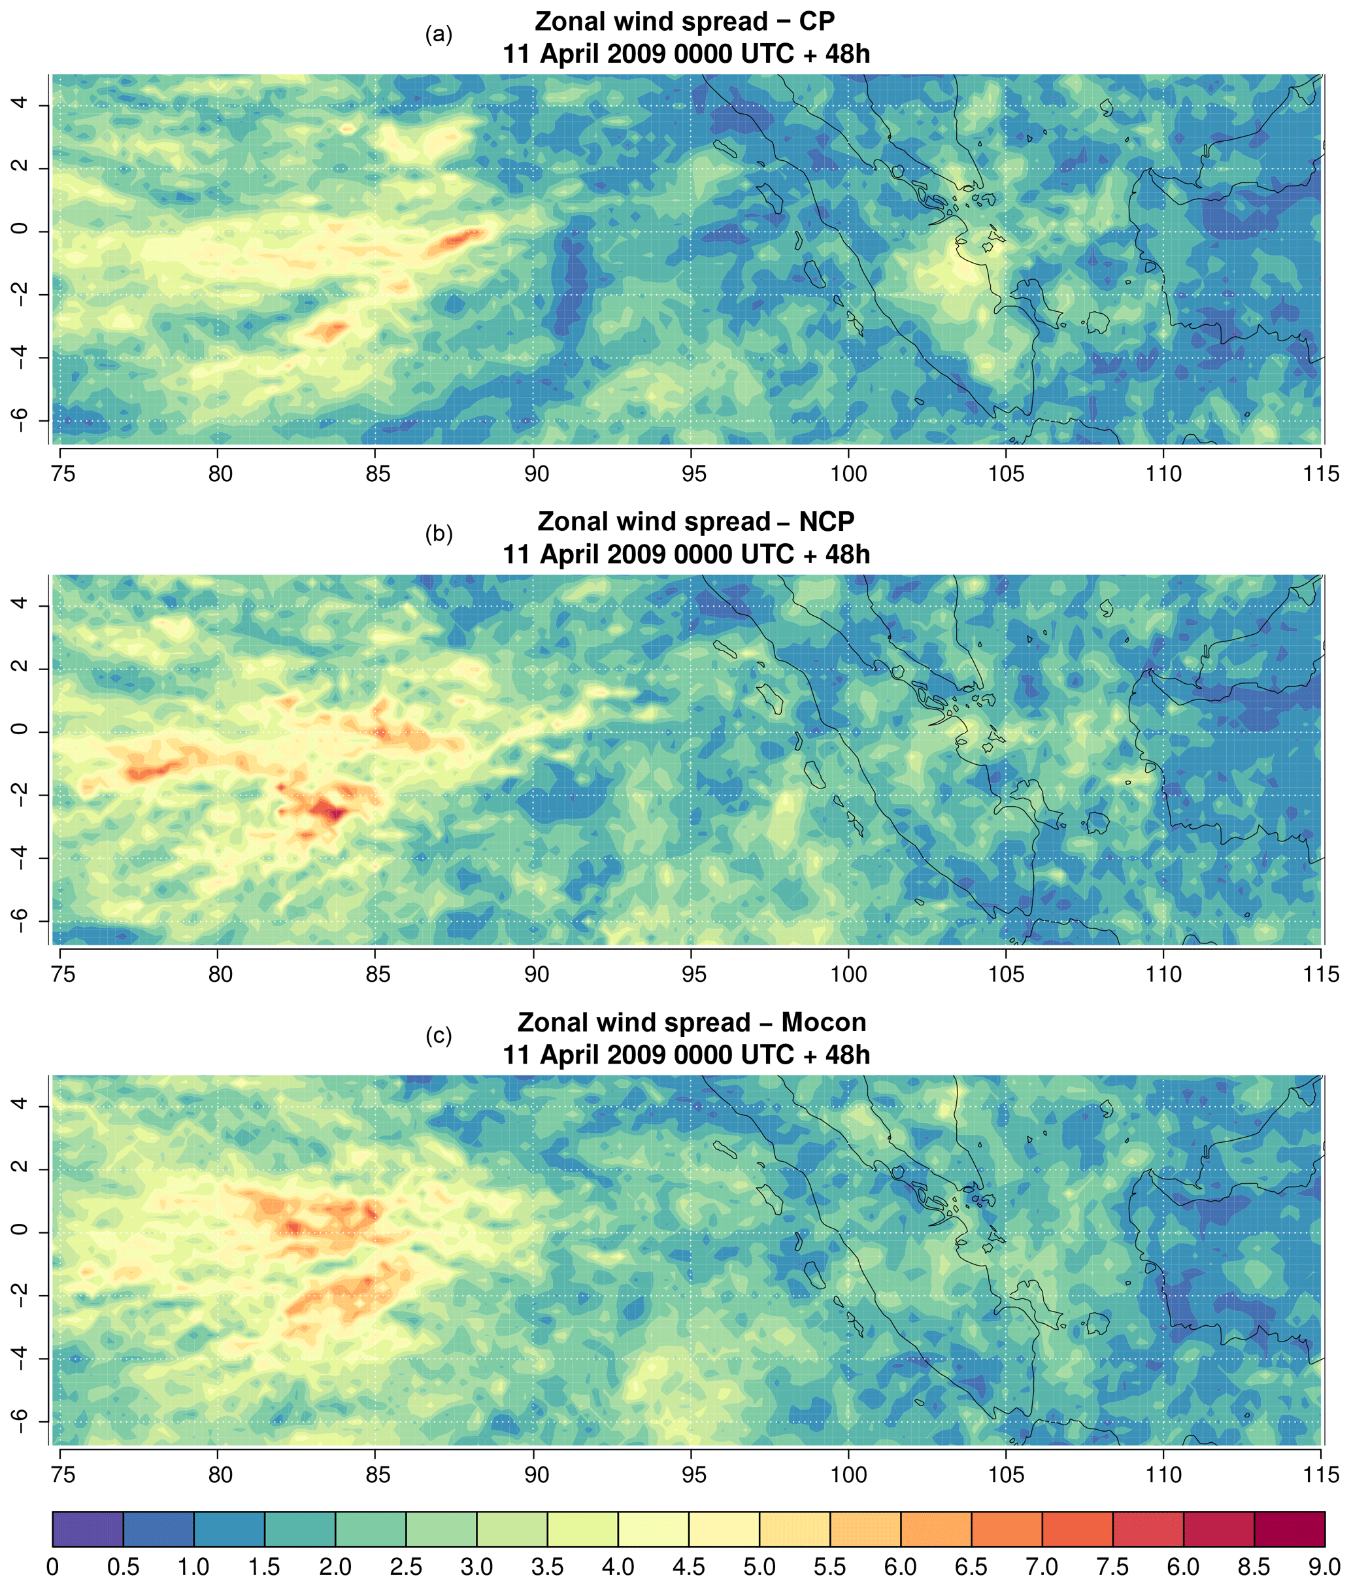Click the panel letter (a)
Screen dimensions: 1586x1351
point(439,35)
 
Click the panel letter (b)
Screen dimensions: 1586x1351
point(439,534)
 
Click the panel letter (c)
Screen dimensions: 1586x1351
point(439,1036)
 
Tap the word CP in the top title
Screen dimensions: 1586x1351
point(817,22)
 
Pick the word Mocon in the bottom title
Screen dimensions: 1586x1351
point(824,1022)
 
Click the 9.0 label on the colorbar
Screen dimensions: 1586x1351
point(1324,1566)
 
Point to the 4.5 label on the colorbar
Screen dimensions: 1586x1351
point(688,1566)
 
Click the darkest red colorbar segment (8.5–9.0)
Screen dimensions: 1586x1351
point(1289,1529)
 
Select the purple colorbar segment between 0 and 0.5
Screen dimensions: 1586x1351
point(88,1529)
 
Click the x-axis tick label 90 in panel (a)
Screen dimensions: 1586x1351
point(536,474)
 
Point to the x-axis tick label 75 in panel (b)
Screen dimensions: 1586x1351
point(63,974)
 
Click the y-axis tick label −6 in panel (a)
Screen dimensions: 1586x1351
point(21,420)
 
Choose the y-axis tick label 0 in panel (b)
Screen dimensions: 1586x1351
point(21,730)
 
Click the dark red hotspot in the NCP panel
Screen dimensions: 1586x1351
point(332,811)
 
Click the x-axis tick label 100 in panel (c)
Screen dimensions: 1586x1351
point(849,1475)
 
